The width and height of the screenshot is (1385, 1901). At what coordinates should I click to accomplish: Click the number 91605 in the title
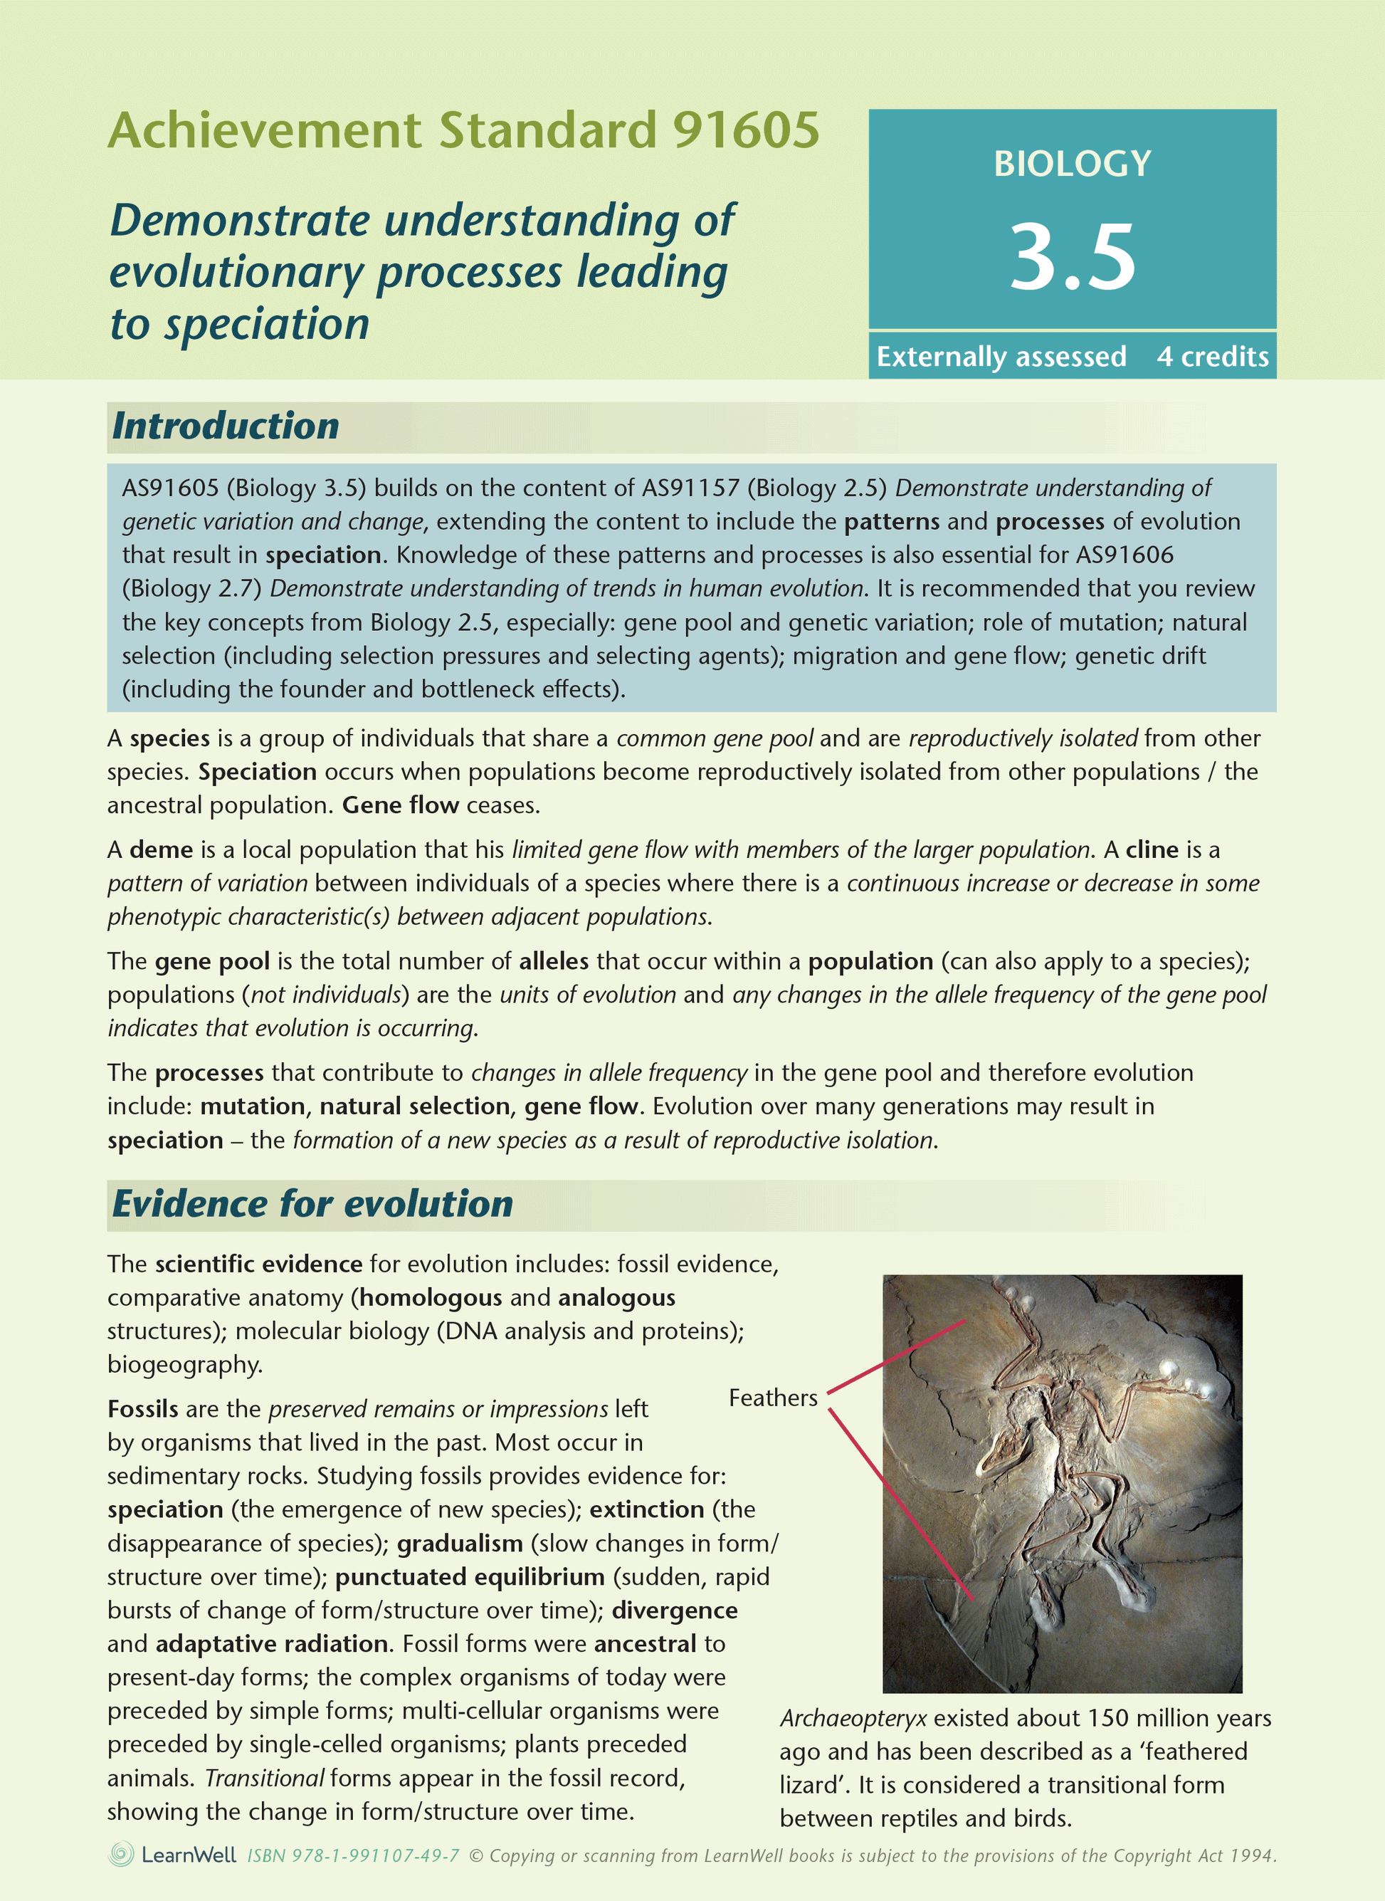tap(745, 131)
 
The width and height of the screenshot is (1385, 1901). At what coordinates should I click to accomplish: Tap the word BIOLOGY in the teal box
tap(1073, 164)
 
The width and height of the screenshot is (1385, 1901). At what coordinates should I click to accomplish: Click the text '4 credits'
tap(1212, 357)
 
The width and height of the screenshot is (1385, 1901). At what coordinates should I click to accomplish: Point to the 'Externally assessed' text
tap(1001, 357)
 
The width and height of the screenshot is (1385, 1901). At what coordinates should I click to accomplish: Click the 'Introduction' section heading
tap(226, 426)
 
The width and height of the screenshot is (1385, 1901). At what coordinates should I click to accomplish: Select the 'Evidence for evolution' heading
tap(312, 1204)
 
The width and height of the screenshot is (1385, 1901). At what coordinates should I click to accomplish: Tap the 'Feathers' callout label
tap(772, 1398)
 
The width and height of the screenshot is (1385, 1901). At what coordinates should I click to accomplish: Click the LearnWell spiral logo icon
tap(122, 1854)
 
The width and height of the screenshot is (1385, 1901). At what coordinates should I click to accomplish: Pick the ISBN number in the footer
tap(353, 1855)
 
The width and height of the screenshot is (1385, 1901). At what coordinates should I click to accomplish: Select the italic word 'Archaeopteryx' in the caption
tap(853, 1718)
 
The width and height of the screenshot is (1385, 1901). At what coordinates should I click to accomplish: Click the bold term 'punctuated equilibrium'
tap(470, 1576)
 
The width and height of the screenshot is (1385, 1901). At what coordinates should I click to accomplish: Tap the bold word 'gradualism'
tap(460, 1543)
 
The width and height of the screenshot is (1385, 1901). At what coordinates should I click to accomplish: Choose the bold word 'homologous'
tap(431, 1297)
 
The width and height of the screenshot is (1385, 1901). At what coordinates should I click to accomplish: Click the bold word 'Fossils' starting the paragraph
tap(142, 1409)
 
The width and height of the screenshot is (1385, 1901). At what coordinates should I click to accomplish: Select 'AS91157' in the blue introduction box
tap(690, 488)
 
